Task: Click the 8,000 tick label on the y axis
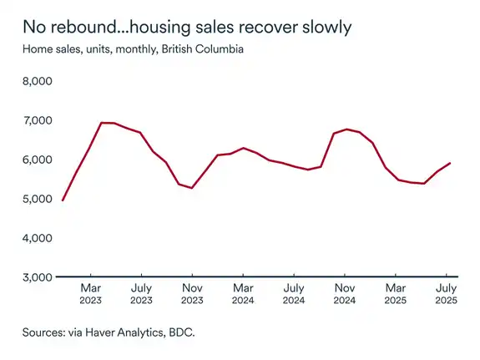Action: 37,82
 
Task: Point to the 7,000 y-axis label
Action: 37,120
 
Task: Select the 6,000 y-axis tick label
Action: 37,160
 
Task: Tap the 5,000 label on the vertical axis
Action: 37,199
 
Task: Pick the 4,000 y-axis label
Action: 37,238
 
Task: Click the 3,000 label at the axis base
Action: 37,276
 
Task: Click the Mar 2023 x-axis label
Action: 90,294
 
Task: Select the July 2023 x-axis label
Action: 141,294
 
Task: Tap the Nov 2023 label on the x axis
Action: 192,294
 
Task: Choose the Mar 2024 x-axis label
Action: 243,294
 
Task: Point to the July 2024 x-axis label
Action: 294,294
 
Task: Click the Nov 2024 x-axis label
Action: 345,294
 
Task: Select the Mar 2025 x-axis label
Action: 396,294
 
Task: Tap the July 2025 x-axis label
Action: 447,294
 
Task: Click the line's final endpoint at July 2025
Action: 451,163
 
